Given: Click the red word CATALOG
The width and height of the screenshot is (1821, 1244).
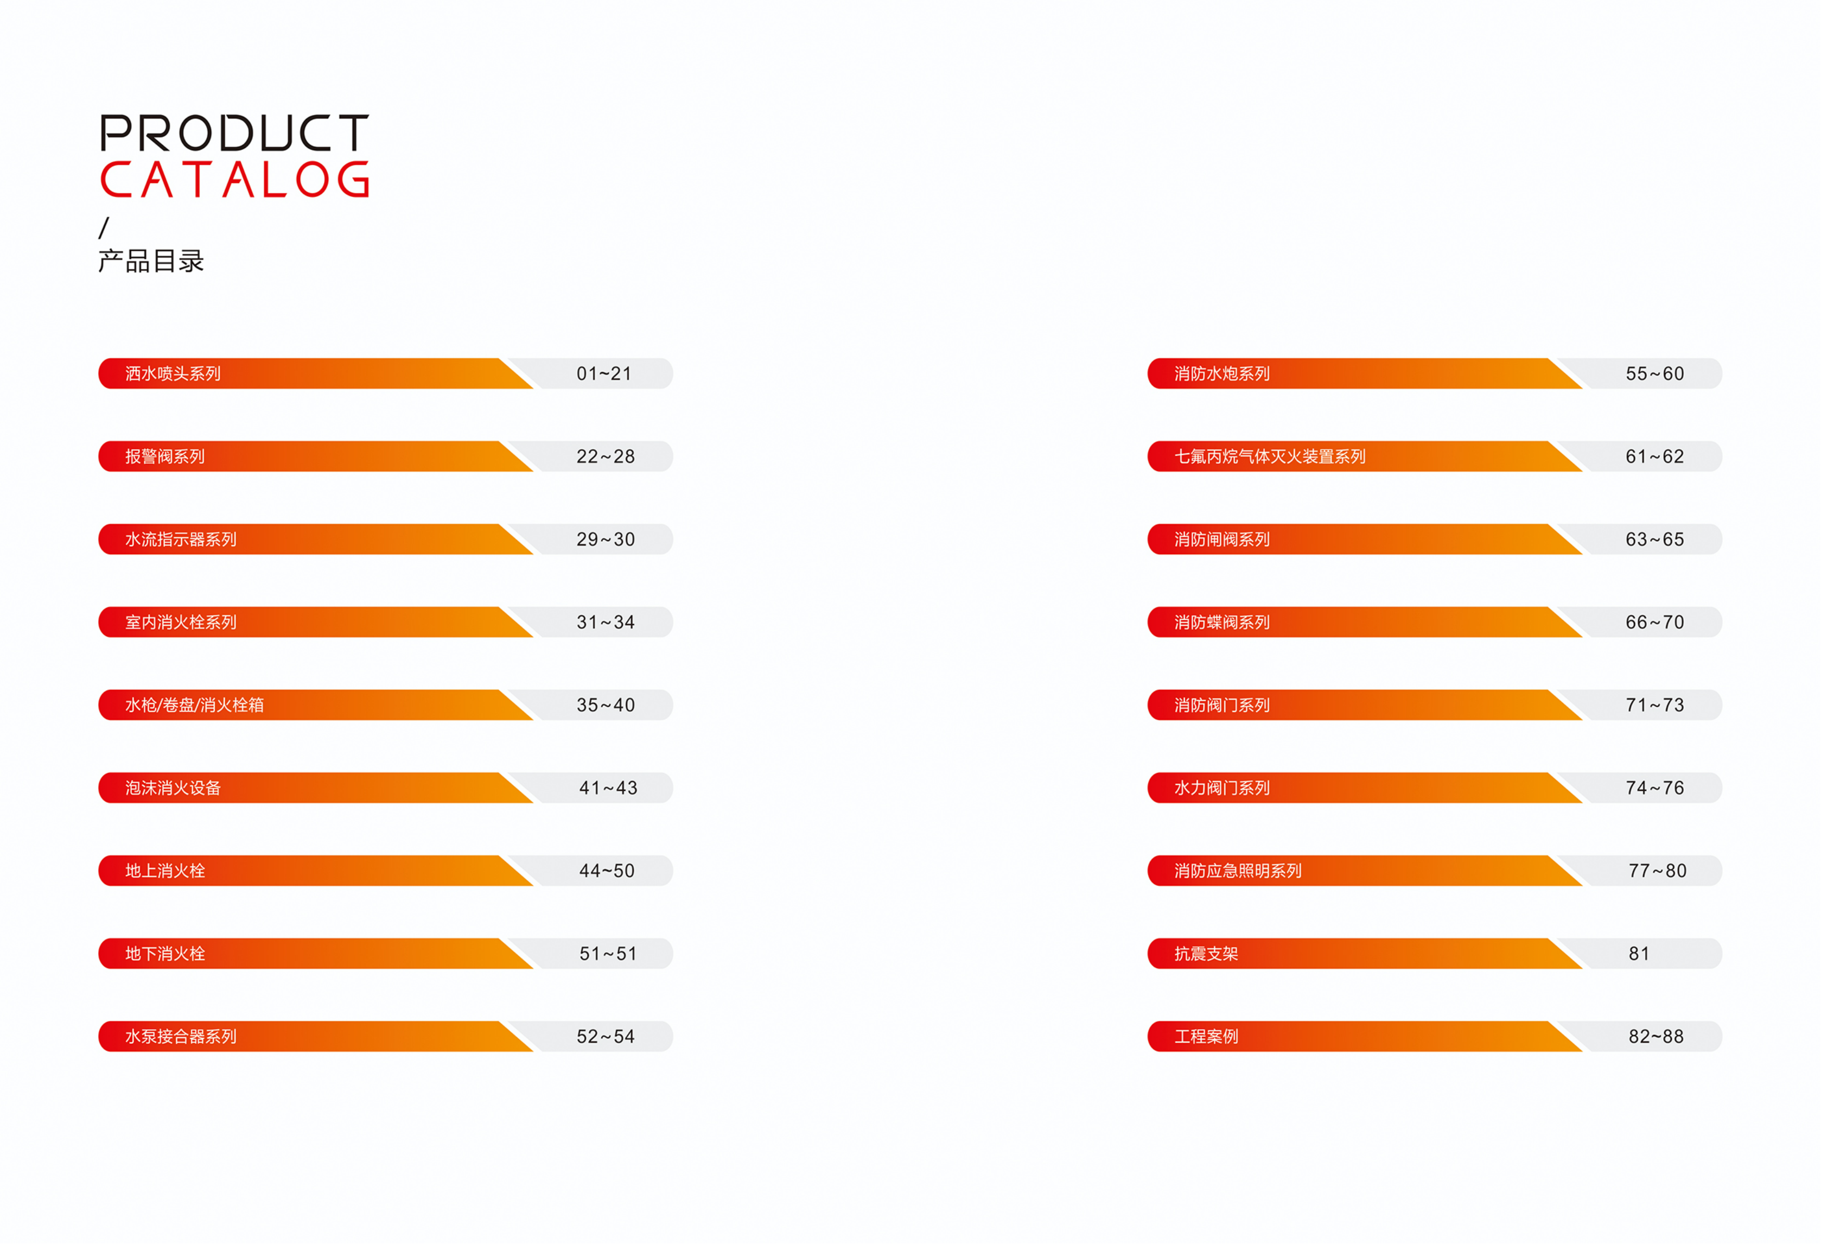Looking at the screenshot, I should click(x=234, y=180).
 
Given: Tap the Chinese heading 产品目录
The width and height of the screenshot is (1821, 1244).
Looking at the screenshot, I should click(x=151, y=261).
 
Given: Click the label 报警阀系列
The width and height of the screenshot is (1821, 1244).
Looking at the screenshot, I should click(x=165, y=457).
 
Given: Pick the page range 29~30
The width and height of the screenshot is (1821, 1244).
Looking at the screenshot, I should click(x=606, y=540).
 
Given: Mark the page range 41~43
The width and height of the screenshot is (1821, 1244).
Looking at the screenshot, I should click(x=608, y=788).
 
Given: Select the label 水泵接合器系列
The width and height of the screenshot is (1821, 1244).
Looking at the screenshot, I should click(x=181, y=1036).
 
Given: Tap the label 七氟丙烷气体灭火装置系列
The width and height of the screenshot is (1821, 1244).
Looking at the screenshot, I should click(x=1269, y=457).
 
